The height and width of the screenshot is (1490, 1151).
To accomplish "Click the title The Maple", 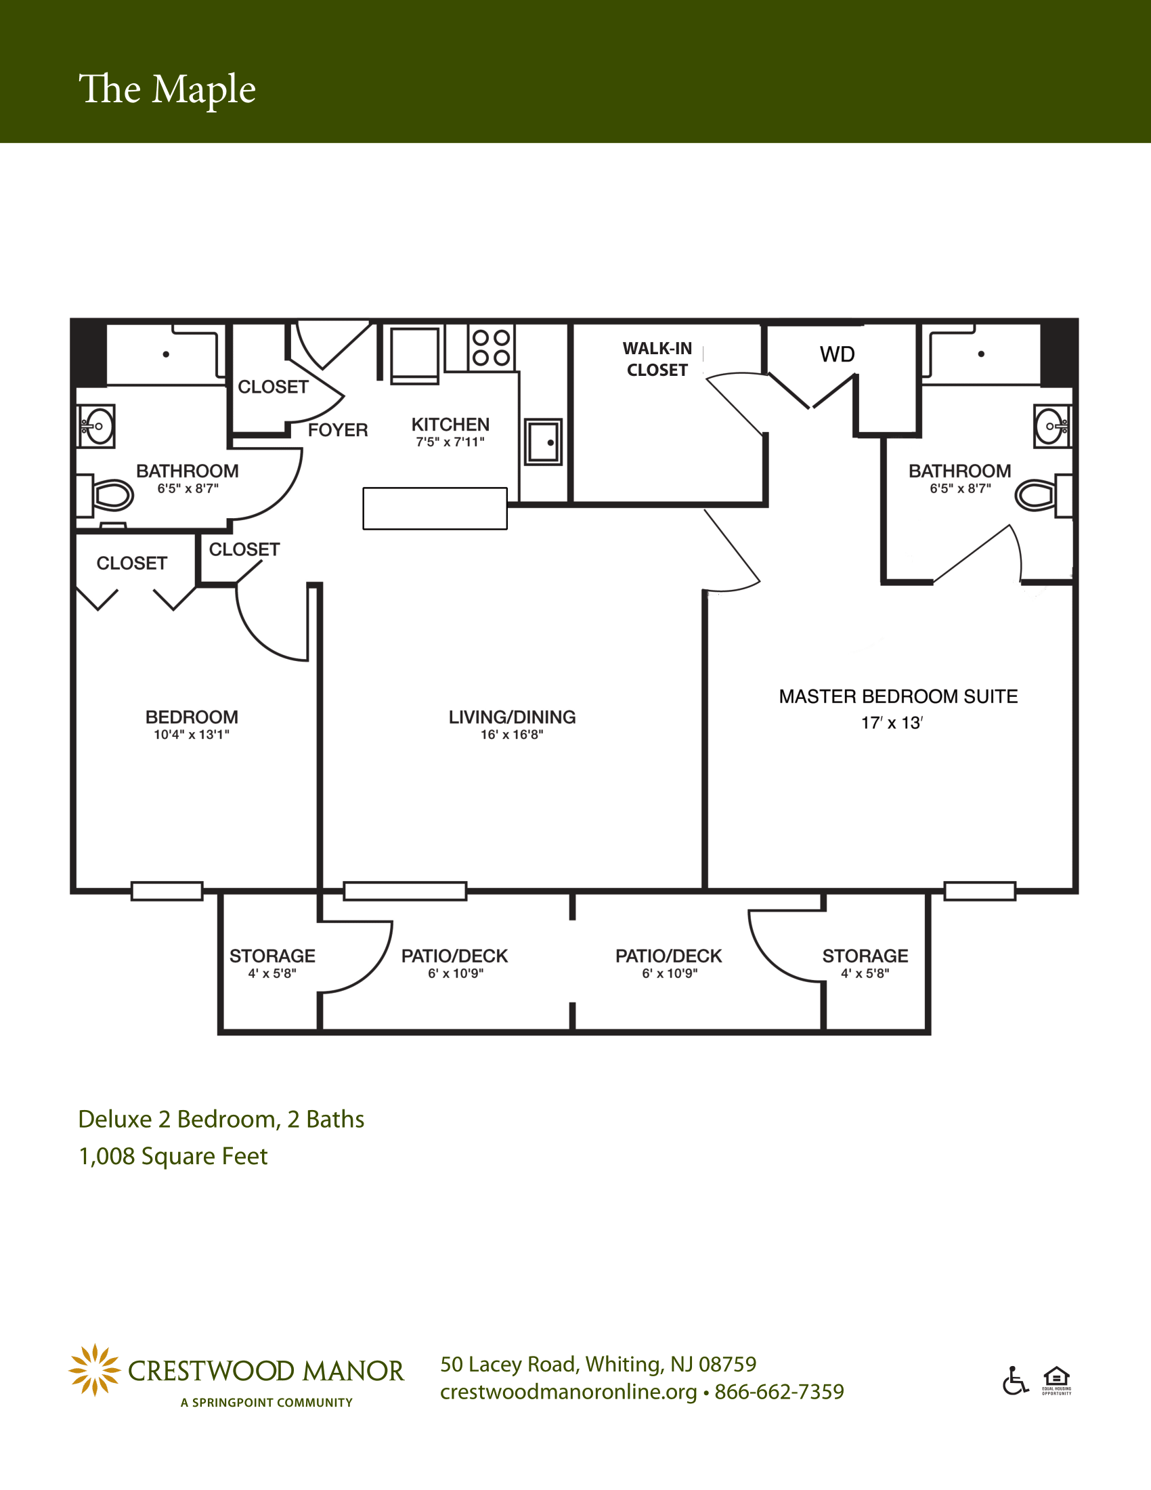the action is [x=167, y=90].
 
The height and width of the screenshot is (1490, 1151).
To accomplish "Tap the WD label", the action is [x=837, y=354].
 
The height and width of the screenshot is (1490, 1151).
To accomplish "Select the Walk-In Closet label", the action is [x=657, y=359].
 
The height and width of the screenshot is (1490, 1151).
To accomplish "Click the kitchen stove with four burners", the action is [x=492, y=347].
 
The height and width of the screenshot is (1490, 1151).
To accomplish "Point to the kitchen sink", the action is [x=544, y=442].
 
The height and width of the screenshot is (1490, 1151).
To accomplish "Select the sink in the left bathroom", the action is [x=96, y=426].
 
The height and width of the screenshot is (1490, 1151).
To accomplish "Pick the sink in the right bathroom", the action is [x=1052, y=426].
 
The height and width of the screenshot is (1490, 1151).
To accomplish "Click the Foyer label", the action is [x=338, y=430].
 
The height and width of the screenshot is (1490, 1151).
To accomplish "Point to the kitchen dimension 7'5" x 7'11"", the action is [x=450, y=442].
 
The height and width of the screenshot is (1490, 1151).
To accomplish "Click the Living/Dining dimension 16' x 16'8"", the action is [x=512, y=735].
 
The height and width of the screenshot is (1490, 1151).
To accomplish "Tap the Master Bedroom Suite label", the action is [x=898, y=696].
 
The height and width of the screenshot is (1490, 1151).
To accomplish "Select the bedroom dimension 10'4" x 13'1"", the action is [x=192, y=735].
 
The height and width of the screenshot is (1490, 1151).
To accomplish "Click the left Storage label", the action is [x=272, y=956].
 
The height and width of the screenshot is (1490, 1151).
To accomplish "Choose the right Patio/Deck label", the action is [x=668, y=956].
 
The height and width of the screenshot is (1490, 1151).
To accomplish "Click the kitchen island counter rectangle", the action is [x=435, y=508].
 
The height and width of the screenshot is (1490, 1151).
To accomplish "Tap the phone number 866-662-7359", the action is [x=779, y=1391].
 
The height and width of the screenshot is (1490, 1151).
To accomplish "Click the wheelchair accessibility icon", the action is [x=1016, y=1381].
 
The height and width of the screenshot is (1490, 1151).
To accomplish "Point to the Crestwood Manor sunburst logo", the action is [x=94, y=1370].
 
